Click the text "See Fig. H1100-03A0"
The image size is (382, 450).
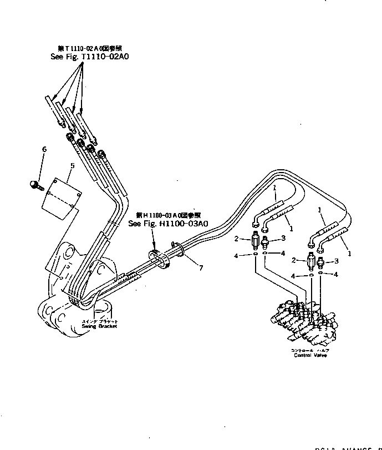(168, 224)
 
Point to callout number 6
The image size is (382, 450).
(44, 149)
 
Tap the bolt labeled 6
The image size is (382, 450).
(35, 183)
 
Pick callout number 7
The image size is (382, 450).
(201, 268)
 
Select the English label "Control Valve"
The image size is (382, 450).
(310, 355)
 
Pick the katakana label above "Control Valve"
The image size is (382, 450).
(310, 350)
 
